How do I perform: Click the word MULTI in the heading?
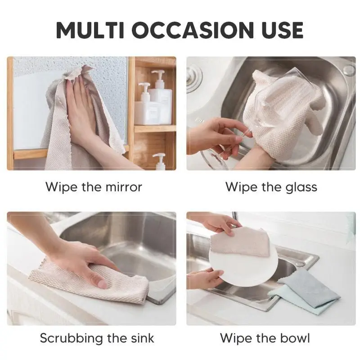pos(90,30)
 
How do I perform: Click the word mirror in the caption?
pos(124,187)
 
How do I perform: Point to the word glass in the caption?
pos(301,188)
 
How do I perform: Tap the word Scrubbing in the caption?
pos(71,338)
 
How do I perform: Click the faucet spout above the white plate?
pos(234,218)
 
